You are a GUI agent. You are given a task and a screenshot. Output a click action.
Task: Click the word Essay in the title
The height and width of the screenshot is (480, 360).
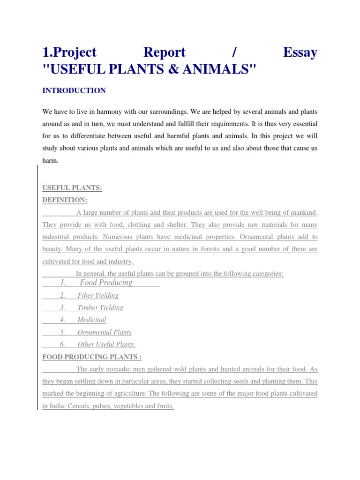(300, 52)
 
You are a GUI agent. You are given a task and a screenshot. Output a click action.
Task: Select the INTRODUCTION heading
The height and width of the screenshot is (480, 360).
(74, 90)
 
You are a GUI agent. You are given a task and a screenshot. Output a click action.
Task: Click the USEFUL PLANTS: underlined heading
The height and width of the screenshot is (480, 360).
(72, 188)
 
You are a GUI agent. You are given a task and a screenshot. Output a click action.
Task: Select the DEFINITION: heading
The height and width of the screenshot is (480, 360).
(65, 200)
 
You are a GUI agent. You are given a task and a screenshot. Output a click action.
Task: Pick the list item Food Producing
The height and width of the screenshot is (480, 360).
(106, 282)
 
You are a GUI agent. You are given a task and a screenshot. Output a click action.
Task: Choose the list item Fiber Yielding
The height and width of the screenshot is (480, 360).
(98, 295)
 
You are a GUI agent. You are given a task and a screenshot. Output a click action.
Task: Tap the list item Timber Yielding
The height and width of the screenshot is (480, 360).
(100, 307)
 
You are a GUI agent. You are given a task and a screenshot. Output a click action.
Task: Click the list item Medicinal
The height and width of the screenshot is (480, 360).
(92, 320)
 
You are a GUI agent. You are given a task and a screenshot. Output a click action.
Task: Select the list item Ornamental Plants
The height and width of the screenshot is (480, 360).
(105, 332)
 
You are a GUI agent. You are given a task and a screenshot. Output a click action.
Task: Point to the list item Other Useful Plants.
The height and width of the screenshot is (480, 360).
(106, 344)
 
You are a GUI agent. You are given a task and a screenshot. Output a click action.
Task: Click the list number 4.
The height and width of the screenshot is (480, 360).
(62, 320)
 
